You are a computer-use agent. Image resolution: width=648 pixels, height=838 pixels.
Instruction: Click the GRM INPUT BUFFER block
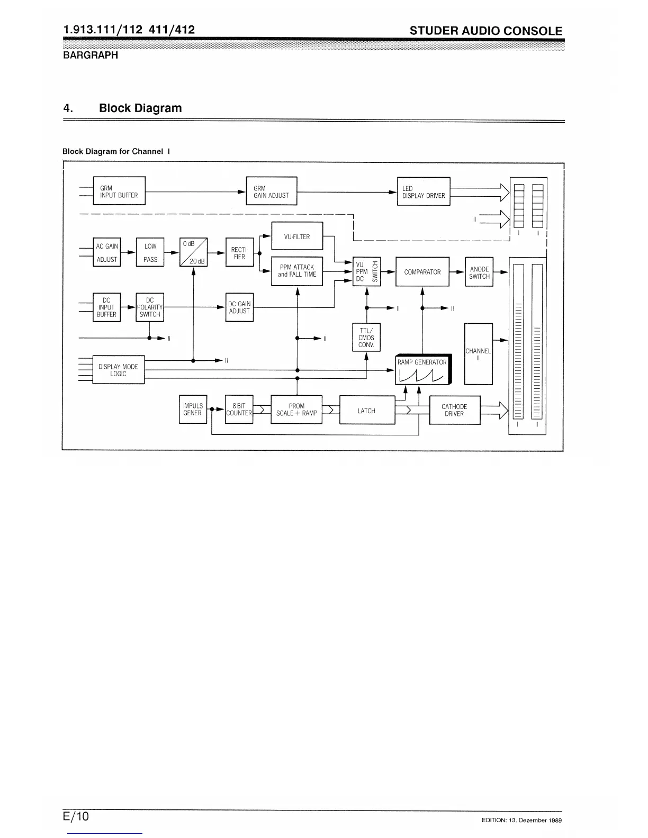point(119,191)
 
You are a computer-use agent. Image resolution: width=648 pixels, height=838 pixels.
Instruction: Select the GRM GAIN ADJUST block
point(272,191)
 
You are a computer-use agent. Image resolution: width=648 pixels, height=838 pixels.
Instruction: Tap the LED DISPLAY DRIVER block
point(424,192)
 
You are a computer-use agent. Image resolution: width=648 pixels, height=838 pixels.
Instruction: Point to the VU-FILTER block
point(297,236)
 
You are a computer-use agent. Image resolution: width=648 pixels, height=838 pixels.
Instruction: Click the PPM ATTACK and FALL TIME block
point(297,271)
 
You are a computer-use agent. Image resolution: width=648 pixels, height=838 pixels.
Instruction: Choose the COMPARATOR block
point(422,271)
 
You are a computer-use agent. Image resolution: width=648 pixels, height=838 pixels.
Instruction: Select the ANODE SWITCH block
point(479,272)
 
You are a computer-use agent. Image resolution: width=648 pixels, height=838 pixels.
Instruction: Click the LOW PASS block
point(150,252)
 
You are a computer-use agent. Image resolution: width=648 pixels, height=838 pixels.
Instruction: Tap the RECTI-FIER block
point(239,252)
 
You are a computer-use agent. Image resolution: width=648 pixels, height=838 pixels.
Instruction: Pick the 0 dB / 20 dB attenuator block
point(193,252)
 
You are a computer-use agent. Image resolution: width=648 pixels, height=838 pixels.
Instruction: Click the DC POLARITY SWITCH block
point(150,307)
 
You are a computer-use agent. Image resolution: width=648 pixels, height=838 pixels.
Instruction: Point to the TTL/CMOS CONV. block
point(366,338)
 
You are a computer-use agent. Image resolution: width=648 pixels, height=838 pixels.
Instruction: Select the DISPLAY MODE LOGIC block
point(119,370)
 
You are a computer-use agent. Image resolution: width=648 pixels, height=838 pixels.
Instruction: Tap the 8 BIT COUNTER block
point(239,409)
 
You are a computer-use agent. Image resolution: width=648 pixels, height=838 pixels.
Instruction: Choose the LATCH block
point(367,410)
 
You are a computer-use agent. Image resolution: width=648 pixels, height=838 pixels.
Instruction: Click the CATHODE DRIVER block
point(454,410)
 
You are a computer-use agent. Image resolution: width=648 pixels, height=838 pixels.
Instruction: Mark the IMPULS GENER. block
point(193,409)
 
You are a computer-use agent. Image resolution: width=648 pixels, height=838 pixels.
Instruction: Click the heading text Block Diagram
point(140,108)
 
